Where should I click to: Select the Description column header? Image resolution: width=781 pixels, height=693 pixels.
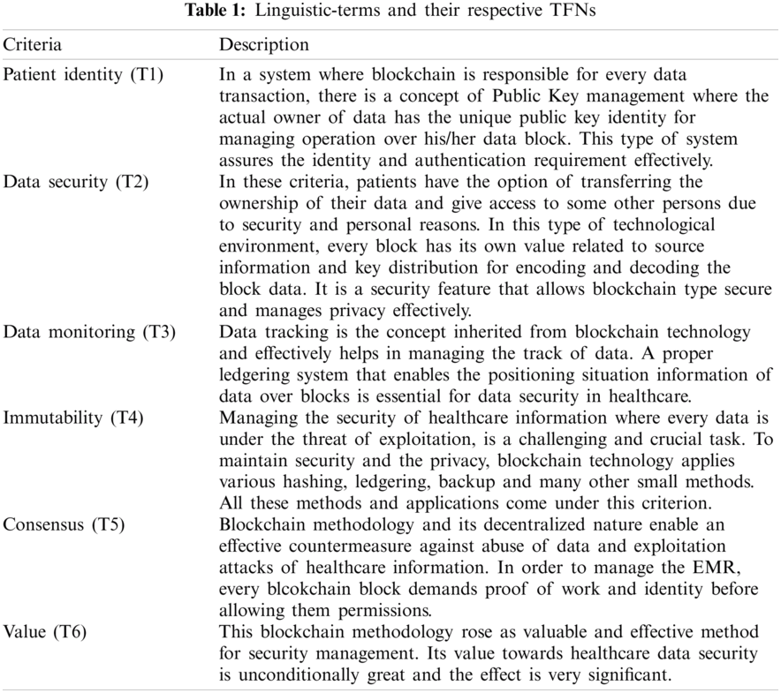coord(264,44)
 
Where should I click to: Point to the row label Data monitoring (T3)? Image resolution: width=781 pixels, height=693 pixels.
coord(89,332)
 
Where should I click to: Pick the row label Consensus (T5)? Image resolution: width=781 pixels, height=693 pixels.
coord(64,524)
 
